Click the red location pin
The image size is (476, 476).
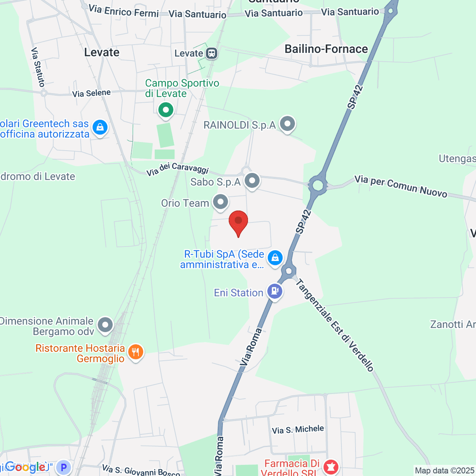tap(238, 221)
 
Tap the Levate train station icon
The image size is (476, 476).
tap(212, 53)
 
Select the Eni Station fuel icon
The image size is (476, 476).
tap(274, 292)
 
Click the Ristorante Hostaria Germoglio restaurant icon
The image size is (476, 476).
tap(136, 352)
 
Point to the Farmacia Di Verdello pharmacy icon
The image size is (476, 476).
tap(330, 467)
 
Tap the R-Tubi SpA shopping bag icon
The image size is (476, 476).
tap(275, 258)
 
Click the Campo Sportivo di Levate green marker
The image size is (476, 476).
tap(166, 110)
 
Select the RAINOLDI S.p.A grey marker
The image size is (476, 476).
tap(287, 124)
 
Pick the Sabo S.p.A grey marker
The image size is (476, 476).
tap(252, 181)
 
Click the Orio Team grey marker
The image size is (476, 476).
tap(221, 202)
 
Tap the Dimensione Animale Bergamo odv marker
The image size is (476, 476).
tap(105, 325)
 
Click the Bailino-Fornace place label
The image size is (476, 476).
tap(326, 49)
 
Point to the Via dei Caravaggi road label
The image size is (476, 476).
tap(177, 169)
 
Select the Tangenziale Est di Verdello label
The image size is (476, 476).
tap(335, 325)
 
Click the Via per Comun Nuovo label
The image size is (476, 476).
tap(401, 186)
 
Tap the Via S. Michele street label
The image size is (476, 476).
tap(298, 430)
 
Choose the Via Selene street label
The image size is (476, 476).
tap(91, 93)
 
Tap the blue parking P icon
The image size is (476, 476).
tap(63, 467)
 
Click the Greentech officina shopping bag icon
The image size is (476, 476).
tap(100, 128)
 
